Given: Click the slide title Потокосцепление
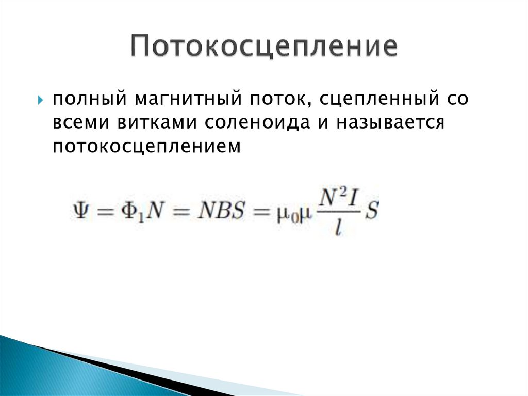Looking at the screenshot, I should [263, 47].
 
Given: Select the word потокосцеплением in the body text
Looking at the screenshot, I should [146, 148].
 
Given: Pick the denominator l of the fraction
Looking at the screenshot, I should [338, 227].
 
